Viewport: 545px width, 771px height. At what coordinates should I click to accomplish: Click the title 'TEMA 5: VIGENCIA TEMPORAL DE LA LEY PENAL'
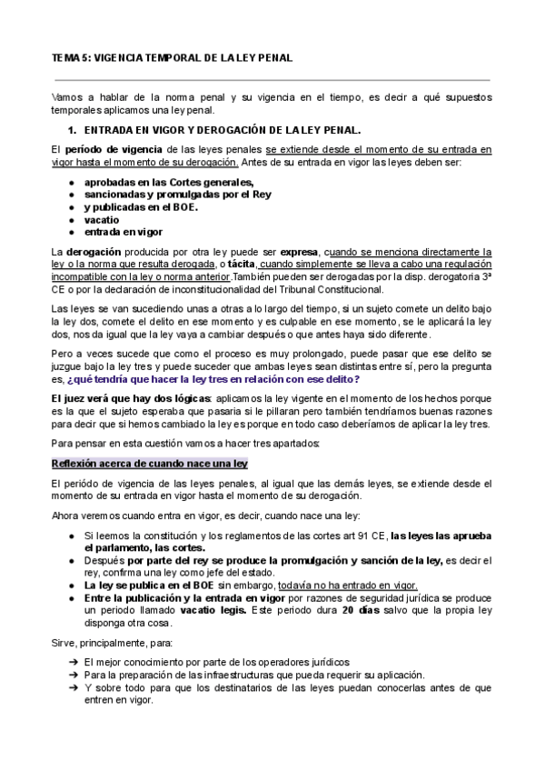point(172,57)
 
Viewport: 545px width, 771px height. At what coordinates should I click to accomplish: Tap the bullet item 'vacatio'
point(102,219)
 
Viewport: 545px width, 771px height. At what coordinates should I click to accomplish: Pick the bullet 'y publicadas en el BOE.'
point(141,206)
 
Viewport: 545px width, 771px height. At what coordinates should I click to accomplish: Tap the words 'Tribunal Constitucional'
point(334,289)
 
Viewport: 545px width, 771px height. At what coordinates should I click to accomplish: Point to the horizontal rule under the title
point(272,79)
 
